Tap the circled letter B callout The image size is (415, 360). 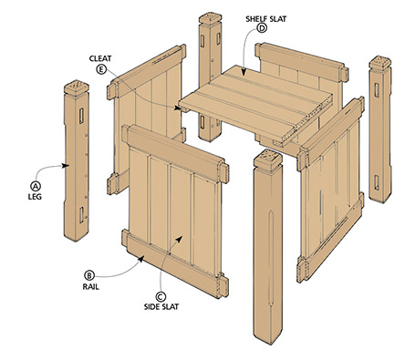point(88,273)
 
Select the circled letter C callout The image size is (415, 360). point(161,295)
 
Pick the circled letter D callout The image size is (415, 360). point(262,28)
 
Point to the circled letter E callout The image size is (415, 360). point(99,67)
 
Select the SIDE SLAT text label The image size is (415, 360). point(161,309)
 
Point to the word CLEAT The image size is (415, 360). point(99,55)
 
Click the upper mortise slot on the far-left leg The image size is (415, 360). point(81,117)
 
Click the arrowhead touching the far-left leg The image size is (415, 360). point(69,166)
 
